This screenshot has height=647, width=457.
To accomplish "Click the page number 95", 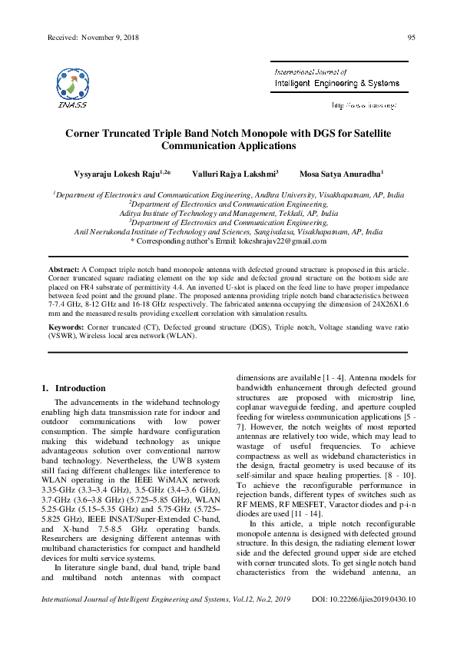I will tap(411, 37).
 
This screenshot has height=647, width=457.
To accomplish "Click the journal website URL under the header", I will tap(363, 105).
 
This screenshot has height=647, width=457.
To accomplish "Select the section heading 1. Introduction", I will tap(74, 388).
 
